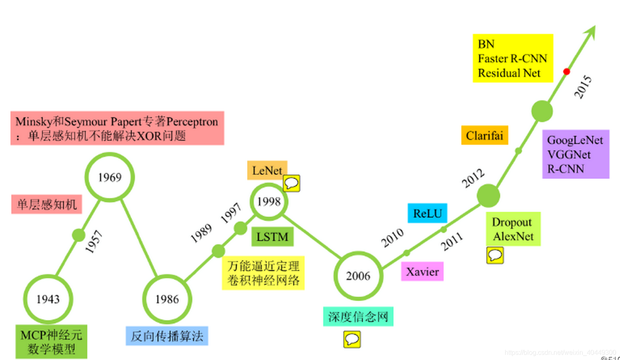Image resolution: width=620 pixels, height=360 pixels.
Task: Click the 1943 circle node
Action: point(48,299)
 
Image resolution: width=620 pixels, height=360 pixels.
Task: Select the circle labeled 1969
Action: point(110,177)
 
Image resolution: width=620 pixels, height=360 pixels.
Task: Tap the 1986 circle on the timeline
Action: point(167,299)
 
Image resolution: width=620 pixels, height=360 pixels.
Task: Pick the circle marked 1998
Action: point(269,202)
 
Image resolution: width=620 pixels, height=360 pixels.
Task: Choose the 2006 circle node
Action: point(358,276)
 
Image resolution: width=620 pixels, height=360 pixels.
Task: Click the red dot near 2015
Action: point(566,72)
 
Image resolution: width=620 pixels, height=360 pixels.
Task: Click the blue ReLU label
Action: point(427,213)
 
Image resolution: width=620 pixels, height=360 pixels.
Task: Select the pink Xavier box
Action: point(422,272)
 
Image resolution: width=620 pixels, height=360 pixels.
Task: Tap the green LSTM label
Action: point(272,237)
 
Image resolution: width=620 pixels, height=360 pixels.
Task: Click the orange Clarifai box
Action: point(485,135)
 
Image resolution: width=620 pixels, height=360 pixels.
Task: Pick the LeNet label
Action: point(267,170)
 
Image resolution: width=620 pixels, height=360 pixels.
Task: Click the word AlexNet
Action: point(513,236)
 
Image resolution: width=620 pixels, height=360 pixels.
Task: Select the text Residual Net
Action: point(509,73)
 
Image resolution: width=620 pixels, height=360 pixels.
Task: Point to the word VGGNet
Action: point(569,155)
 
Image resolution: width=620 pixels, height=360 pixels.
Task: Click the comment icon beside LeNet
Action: point(292,183)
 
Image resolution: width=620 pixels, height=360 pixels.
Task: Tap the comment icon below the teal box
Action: point(352,339)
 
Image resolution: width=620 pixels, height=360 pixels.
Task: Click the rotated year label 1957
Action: point(94,242)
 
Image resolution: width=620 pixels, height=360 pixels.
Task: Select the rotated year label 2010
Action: point(393,238)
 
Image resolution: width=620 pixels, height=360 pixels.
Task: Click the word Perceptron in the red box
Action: point(192,122)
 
